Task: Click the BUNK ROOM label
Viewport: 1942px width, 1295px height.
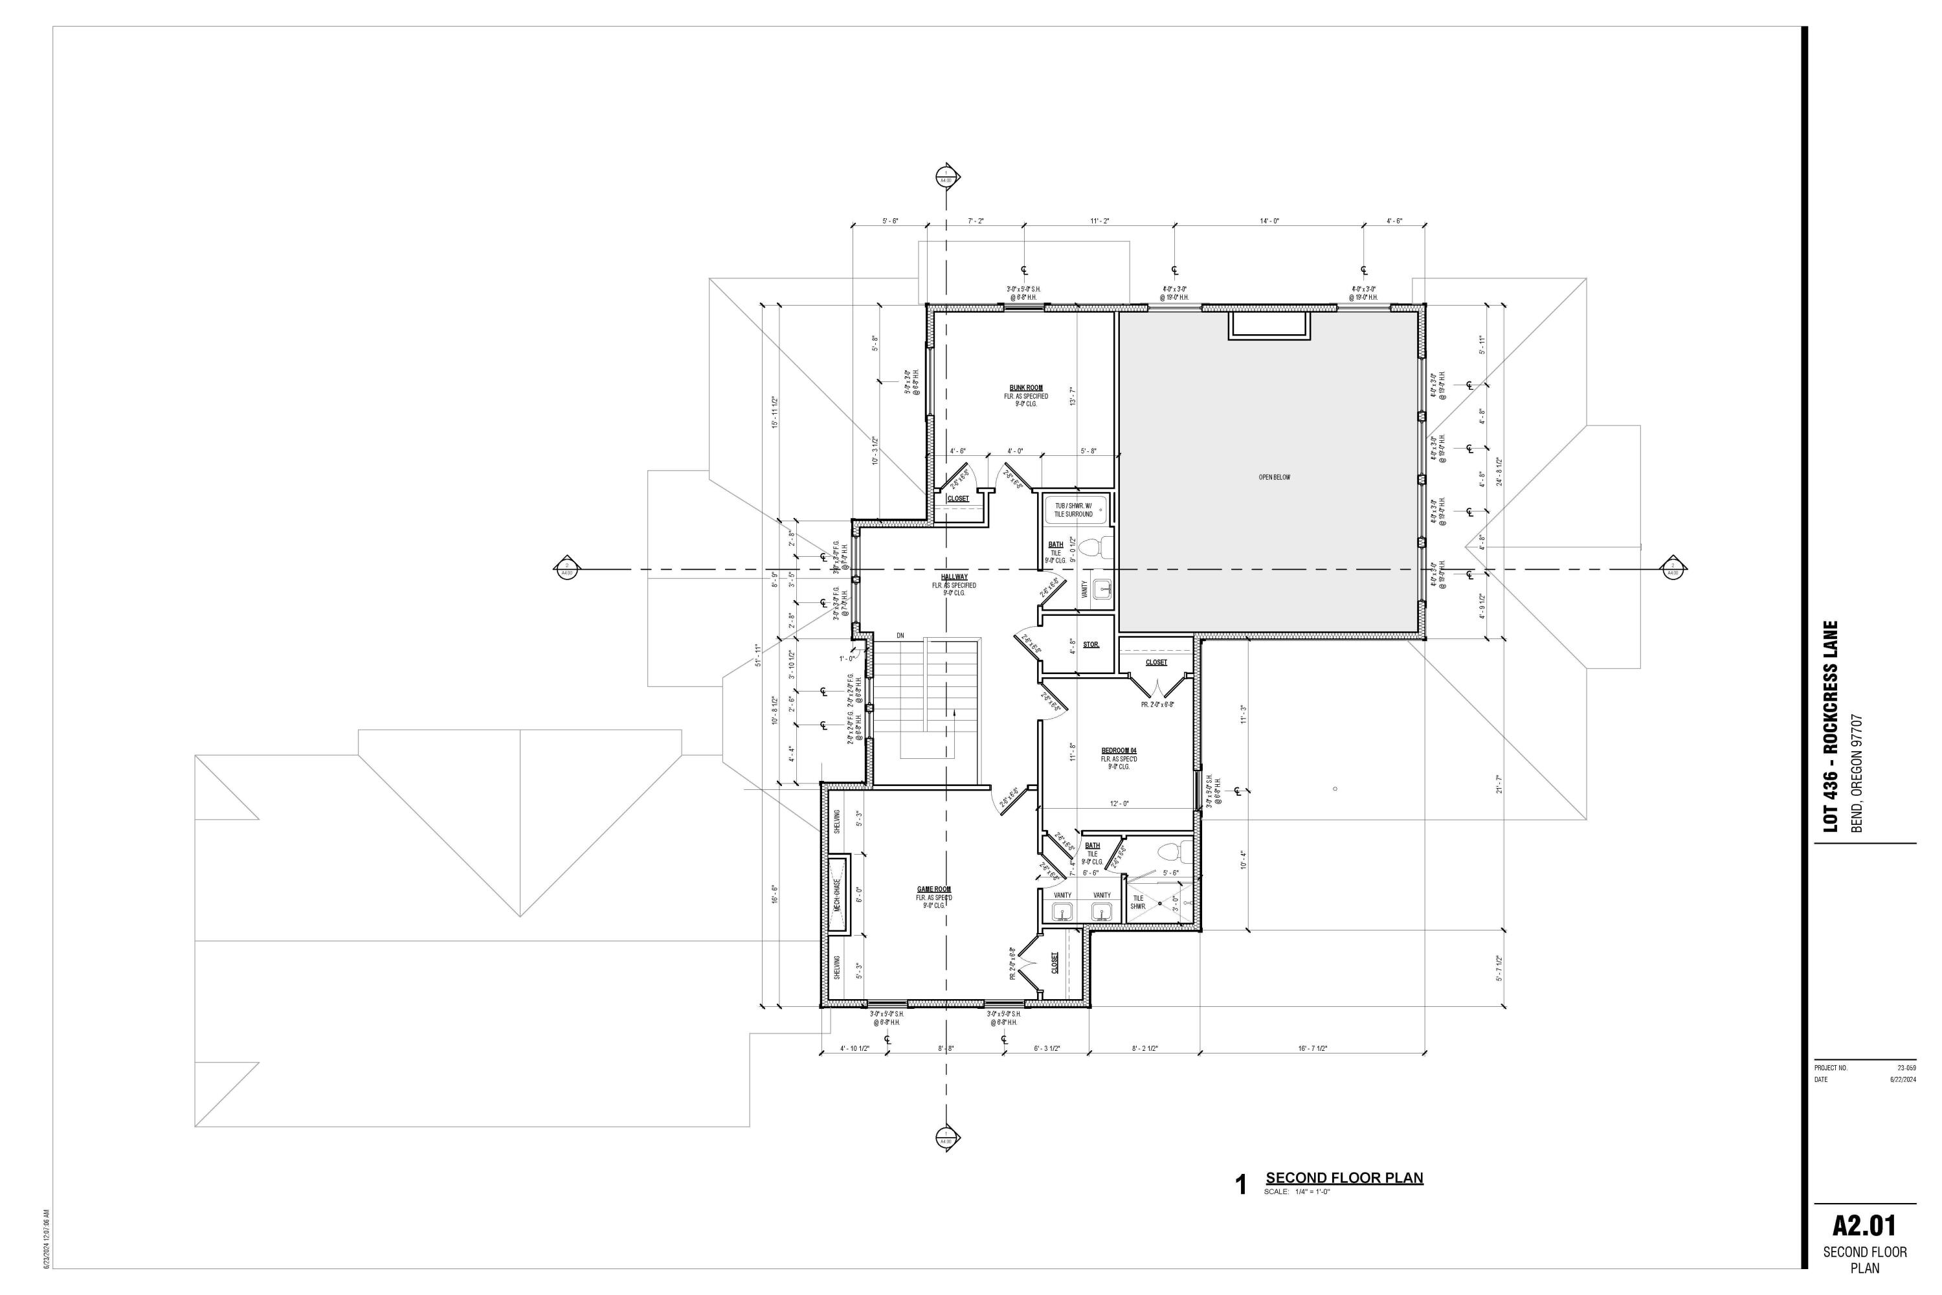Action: (1025, 387)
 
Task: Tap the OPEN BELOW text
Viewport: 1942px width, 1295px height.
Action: (1274, 477)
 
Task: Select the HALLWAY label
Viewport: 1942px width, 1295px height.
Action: (954, 576)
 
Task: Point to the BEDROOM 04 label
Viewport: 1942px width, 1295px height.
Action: (1119, 750)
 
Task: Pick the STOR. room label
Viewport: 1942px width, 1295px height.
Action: (1091, 645)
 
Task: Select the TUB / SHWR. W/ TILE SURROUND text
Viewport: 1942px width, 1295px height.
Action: (1073, 510)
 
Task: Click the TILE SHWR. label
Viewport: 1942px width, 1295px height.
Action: (1138, 902)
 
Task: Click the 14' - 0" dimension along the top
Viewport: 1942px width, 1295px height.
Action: (1269, 221)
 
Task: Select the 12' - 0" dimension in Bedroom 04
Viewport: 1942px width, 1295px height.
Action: (1119, 804)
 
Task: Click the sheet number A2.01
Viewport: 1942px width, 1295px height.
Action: (1864, 1225)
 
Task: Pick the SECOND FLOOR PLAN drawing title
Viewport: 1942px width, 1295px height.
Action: (1345, 1178)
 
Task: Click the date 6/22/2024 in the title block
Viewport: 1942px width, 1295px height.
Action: (1903, 1079)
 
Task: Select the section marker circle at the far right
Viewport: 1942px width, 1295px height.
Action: (1673, 569)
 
